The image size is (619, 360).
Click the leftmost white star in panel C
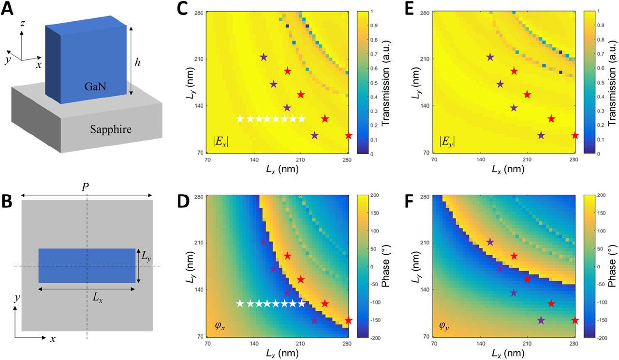[240, 118]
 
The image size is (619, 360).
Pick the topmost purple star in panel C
[264, 57]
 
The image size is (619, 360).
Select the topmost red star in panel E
[514, 71]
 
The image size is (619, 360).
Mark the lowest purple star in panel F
[541, 320]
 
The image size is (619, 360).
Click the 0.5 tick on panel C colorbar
[371, 83]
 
